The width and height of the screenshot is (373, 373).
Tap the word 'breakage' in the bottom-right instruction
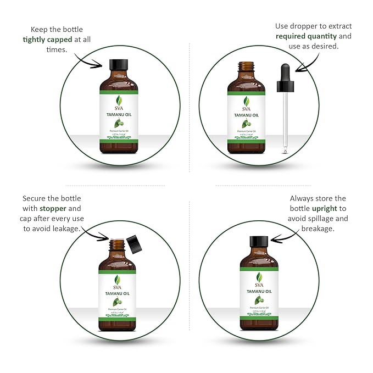point(318,229)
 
